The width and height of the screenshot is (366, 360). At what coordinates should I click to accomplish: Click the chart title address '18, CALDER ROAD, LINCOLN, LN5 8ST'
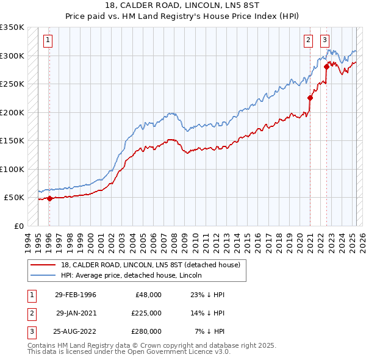(x=182, y=7)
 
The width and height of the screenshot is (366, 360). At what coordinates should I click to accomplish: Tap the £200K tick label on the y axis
(x=12, y=112)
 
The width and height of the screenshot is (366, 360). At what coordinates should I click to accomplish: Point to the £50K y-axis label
(x=14, y=198)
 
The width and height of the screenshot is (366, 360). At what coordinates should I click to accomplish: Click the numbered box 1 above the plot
(x=48, y=41)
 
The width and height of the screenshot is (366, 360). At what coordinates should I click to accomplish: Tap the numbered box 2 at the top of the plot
(x=309, y=41)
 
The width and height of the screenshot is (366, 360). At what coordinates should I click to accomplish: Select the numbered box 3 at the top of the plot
(x=325, y=41)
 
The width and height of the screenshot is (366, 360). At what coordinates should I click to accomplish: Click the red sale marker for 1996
(x=49, y=198)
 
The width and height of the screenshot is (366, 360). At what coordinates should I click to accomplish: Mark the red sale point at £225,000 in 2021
(x=310, y=98)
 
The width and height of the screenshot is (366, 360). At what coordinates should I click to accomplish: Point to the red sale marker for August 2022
(x=326, y=67)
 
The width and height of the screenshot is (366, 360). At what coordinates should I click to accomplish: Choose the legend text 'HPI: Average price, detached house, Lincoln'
(x=132, y=275)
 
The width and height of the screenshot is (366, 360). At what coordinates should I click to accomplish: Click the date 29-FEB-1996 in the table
(x=76, y=295)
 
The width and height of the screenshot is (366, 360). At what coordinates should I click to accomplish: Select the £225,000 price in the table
(x=146, y=313)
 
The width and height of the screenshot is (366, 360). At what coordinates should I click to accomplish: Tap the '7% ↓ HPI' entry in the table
(x=210, y=331)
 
